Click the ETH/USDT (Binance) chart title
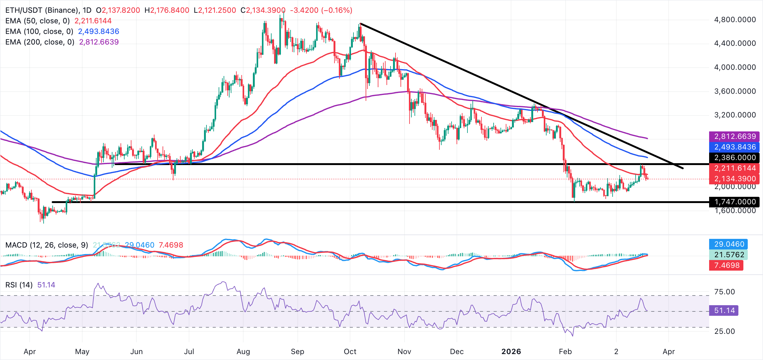click(42, 10)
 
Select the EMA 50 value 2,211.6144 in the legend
click(93, 21)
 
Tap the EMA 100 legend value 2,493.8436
click(98, 31)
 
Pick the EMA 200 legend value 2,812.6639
click(99, 42)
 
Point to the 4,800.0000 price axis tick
click(735, 20)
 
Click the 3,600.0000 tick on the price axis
click(735, 91)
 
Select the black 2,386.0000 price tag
click(734, 158)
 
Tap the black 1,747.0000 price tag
click(734, 202)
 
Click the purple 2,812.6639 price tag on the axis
click(734, 136)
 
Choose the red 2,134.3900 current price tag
click(734, 179)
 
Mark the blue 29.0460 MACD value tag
click(728, 244)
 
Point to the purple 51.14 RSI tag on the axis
click(723, 310)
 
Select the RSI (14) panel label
click(19, 285)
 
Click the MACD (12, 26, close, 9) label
click(47, 245)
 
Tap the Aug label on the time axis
click(243, 352)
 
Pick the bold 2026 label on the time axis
click(511, 352)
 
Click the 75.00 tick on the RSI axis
click(724, 292)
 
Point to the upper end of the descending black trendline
click(360, 23)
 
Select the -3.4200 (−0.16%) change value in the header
click(321, 10)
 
